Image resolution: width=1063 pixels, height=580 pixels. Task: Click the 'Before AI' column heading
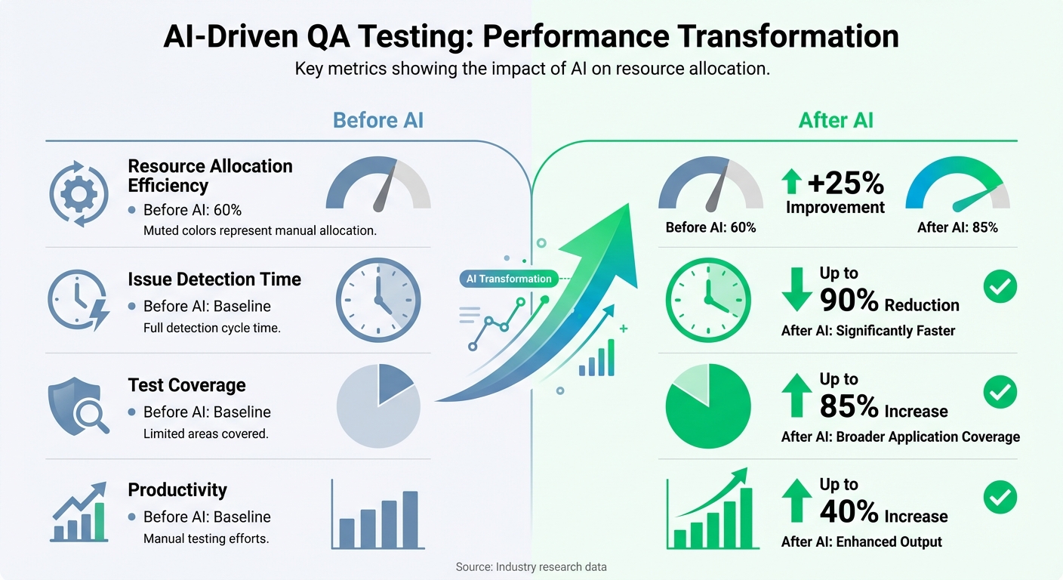coord(377,120)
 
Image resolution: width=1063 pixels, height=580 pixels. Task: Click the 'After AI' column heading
coord(836,120)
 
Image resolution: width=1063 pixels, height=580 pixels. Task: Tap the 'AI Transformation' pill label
coord(509,279)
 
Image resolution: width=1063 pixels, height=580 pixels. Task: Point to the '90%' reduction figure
coord(849,301)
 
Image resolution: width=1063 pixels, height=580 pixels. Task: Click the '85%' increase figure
coord(849,408)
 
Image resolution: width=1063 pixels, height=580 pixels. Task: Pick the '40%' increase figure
coord(849,513)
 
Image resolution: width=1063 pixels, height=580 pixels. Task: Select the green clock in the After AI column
coord(708,301)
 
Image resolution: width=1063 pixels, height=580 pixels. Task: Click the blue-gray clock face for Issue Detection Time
coord(377,301)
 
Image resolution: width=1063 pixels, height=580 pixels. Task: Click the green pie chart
coord(708,406)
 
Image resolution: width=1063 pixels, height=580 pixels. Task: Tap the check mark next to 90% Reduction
coord(1001,287)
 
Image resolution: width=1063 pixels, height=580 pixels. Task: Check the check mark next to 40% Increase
coord(1001,498)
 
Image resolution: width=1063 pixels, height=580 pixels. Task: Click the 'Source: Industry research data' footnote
coord(531,566)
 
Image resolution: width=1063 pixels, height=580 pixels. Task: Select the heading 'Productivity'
coord(177,490)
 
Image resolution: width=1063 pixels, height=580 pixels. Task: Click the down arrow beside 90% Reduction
coord(796,290)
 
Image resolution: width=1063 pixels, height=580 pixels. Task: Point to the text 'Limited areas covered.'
coord(206,434)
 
